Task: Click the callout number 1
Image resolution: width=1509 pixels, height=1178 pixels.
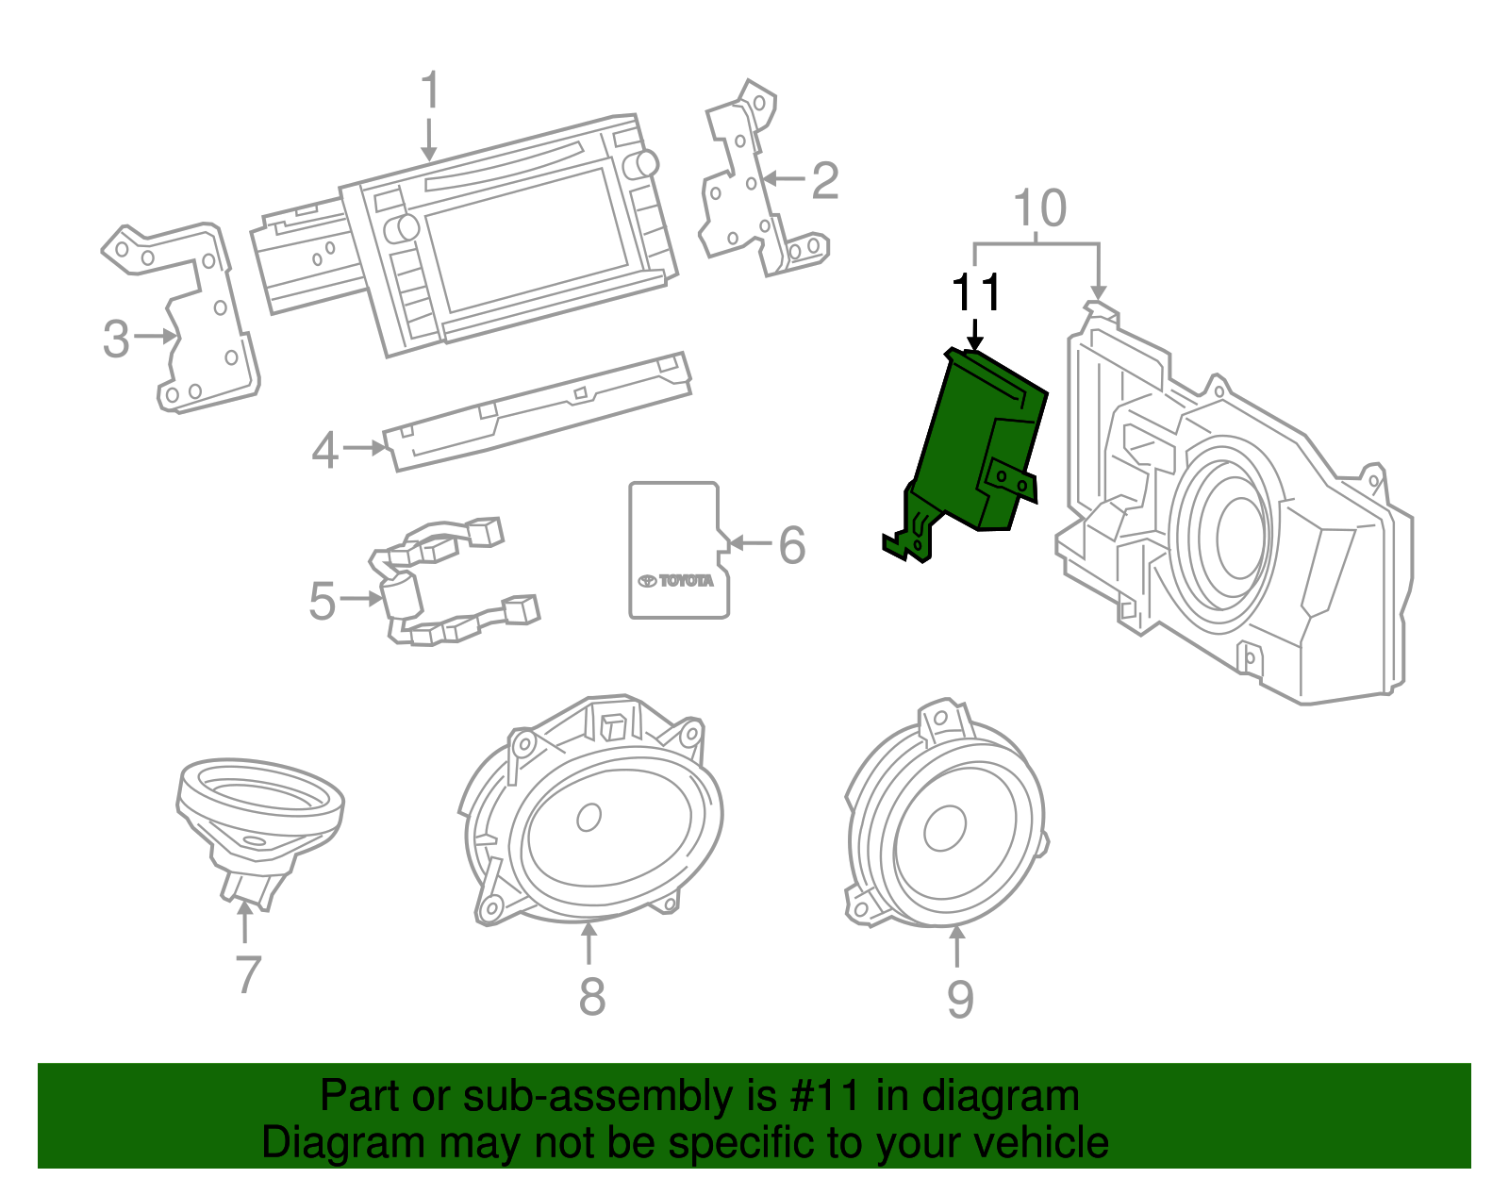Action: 430,91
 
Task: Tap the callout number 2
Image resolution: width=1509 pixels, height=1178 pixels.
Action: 824,180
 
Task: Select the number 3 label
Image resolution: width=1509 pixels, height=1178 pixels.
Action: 115,339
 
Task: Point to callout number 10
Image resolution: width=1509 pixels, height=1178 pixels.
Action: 1039,208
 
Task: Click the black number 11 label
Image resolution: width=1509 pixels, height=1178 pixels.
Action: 975,293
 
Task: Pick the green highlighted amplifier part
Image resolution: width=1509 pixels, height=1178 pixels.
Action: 971,443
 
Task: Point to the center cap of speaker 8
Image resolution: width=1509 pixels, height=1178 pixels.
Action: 589,817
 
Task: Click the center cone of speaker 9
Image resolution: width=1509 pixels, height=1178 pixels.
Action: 944,828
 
